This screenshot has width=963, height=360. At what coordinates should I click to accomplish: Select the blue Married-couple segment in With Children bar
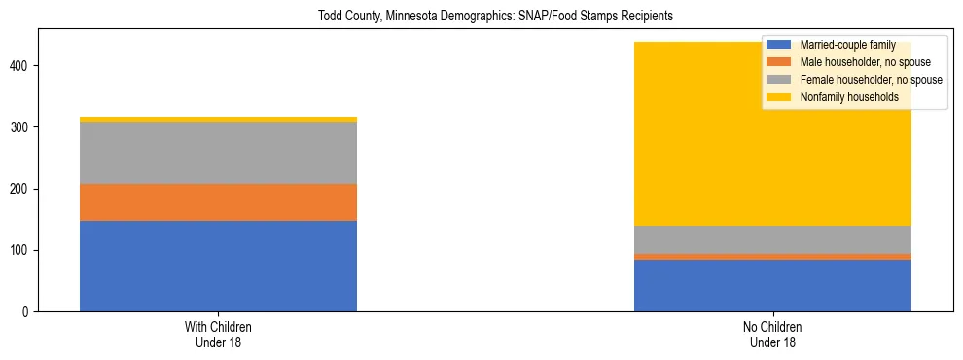tap(218, 266)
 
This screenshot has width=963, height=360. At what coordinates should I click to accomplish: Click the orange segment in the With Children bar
tap(218, 202)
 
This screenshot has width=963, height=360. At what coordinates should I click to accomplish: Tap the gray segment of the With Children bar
tap(218, 153)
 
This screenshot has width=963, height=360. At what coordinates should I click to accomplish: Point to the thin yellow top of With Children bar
tap(218, 119)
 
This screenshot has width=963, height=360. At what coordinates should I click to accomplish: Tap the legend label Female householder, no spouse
tap(871, 80)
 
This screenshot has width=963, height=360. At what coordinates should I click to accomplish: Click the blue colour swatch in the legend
tap(779, 45)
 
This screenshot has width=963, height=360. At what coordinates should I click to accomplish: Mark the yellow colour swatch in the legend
tap(779, 97)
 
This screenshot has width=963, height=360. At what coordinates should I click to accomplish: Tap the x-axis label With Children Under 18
tap(218, 334)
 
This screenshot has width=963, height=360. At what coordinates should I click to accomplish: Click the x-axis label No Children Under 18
tap(772, 334)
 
